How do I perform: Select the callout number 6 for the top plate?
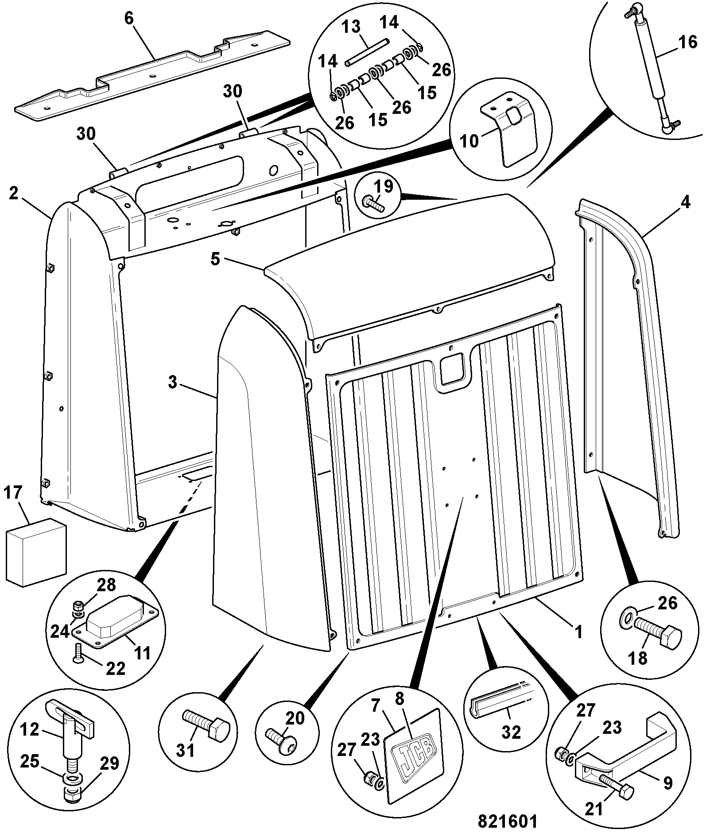coord(128,19)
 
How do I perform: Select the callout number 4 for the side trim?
coord(685,203)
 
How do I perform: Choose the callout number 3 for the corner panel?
coord(172,382)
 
